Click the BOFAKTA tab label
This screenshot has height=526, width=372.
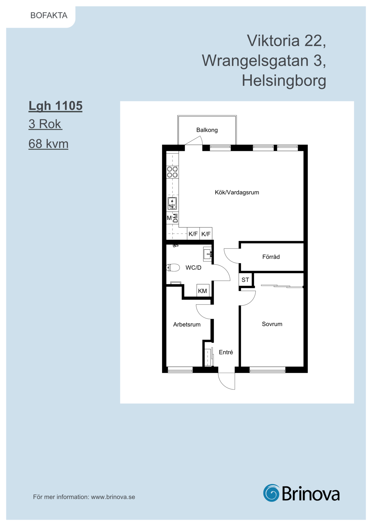[x=49, y=15]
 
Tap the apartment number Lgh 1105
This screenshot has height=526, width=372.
[x=55, y=106]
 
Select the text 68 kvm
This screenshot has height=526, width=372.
[x=48, y=144]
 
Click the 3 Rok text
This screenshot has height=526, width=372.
[x=45, y=124]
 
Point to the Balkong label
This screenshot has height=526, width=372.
[x=207, y=130]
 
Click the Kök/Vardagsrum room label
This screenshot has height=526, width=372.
[x=237, y=192]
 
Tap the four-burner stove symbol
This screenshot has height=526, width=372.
[x=172, y=172]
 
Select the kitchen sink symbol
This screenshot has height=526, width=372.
[x=172, y=203]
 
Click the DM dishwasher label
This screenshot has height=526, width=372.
[x=176, y=218]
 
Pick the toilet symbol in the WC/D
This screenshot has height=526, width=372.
[x=173, y=267]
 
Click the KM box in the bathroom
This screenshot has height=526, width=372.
[x=203, y=291]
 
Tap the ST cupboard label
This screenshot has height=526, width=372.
[x=245, y=280]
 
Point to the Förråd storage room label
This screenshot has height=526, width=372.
[x=271, y=257]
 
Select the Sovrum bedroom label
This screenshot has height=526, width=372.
[x=272, y=324]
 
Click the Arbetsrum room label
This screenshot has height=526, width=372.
[x=187, y=324]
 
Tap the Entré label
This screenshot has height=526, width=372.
[x=226, y=352]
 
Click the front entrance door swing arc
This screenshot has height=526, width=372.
[x=223, y=385]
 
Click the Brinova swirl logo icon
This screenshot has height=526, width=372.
[x=271, y=493]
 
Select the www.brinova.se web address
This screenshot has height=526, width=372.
[x=113, y=497]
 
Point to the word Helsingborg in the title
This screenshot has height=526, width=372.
[x=284, y=80]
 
